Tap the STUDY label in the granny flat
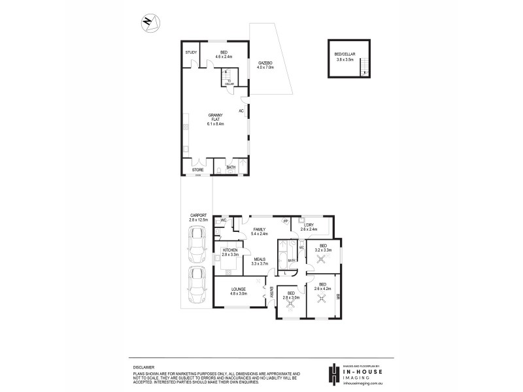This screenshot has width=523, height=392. (x=191, y=52)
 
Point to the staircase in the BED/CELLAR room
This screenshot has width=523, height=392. (x=364, y=67)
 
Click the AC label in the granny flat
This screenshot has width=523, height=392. (x=241, y=111)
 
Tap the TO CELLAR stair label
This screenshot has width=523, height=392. (x=229, y=82)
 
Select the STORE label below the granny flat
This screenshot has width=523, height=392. (x=197, y=170)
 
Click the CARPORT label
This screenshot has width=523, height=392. (x=198, y=216)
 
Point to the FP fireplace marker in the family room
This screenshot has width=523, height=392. (x=286, y=221)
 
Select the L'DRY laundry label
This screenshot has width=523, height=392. (x=309, y=225)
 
